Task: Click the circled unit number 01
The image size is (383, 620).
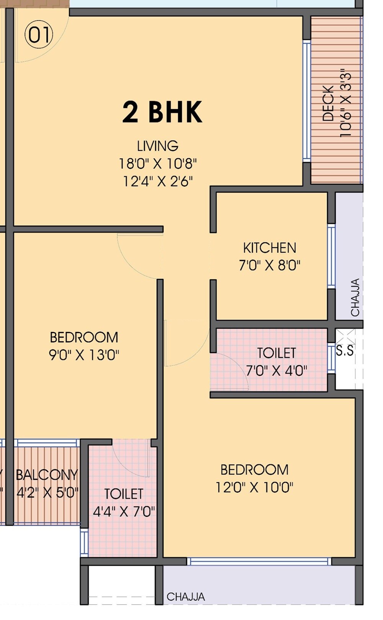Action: pos(39,35)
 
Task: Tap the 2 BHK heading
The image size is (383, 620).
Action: pos(162,112)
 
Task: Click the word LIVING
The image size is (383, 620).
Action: pos(157,146)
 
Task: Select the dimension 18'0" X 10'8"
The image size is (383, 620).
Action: pos(157,164)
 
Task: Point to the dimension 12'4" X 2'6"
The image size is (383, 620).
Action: pos(157,181)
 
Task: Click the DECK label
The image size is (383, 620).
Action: pos(328,103)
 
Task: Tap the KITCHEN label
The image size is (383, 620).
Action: pos(270,248)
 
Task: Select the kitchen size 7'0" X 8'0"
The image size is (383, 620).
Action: pos(270,265)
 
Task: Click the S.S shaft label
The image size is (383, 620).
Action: pos(345,350)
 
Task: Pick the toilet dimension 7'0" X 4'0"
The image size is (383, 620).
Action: pos(277,371)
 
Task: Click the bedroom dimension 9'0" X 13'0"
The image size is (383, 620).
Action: pos(84,355)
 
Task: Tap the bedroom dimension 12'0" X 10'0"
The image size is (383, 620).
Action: pos(254,487)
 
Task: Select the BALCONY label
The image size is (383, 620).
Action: pos(47,475)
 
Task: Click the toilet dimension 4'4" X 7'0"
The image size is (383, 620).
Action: pos(124,511)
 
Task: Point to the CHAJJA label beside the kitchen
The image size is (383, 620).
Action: pos(355,297)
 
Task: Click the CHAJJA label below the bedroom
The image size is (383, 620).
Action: pos(185,597)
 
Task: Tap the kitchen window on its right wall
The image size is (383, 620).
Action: pos(331,256)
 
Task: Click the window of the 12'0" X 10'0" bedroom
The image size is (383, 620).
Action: pos(259,561)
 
